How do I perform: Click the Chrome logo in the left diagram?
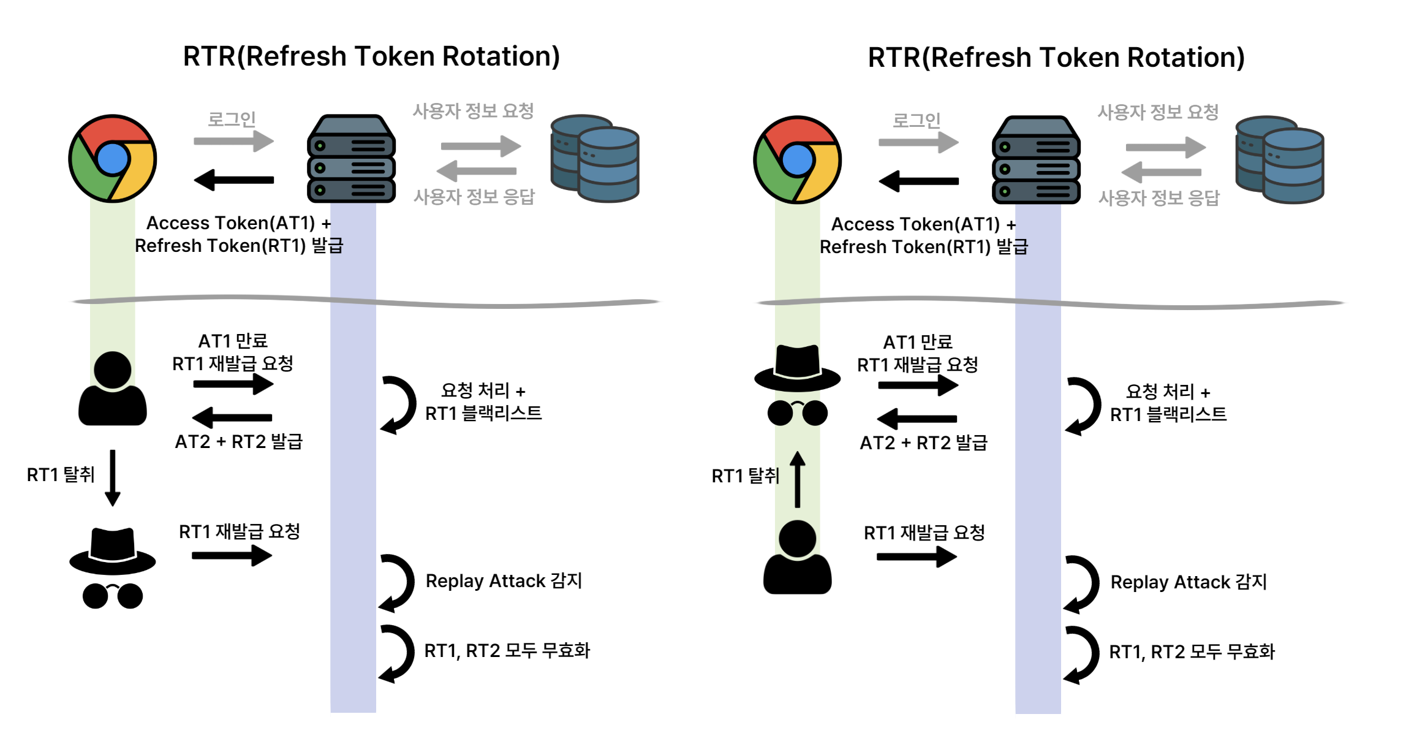113,159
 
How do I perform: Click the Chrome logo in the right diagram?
797,160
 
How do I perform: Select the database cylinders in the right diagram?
1280,160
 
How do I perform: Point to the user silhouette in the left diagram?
113,389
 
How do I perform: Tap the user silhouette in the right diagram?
797,558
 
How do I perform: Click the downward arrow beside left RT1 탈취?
113,478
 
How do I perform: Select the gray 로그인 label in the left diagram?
232,119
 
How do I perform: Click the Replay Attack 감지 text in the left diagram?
504,580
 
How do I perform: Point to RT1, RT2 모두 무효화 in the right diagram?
1192,651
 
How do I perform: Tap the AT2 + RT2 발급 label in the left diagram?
239,441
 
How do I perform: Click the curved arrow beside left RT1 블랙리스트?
398,404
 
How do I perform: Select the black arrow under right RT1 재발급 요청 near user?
917,556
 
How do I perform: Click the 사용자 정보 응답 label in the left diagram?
474,197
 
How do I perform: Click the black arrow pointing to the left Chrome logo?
233,180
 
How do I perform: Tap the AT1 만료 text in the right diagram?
918,341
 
